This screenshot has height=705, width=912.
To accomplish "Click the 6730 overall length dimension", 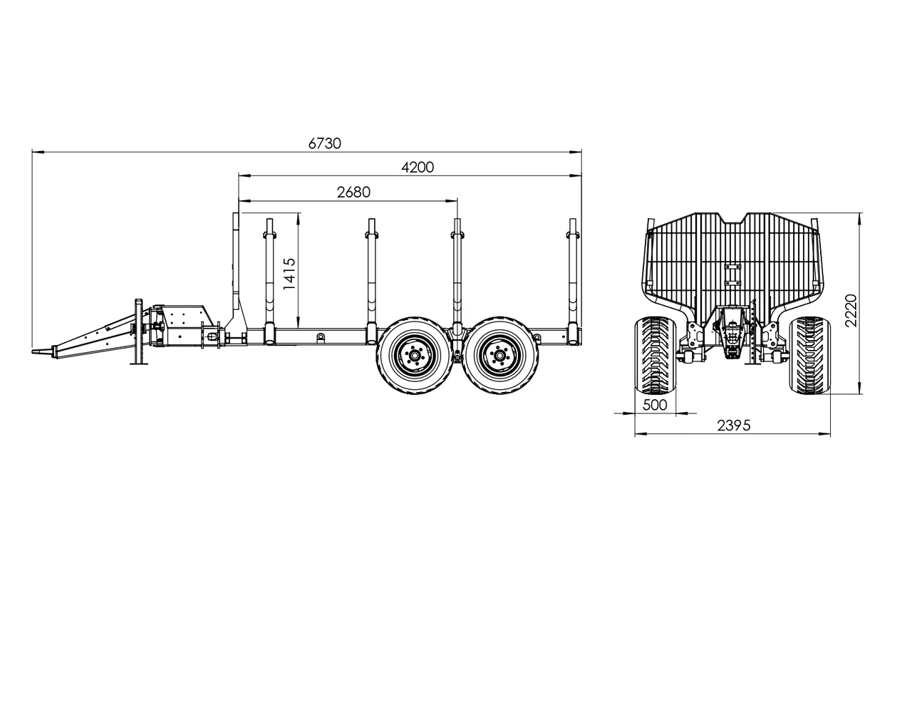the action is [324, 143].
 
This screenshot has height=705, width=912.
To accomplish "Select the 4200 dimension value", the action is [418, 168].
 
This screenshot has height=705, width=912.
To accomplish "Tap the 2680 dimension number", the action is [353, 192].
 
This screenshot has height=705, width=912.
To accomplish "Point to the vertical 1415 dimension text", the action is [289, 274].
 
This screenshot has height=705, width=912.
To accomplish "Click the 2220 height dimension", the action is [850, 310].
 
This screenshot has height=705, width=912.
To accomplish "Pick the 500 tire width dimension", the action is [655, 405].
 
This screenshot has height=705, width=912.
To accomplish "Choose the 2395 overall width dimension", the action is [733, 426].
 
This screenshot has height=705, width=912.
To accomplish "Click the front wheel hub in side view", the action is [414, 356].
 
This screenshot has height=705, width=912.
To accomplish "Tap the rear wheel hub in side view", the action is [499, 356].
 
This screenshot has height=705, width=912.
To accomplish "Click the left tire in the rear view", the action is [655, 355].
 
